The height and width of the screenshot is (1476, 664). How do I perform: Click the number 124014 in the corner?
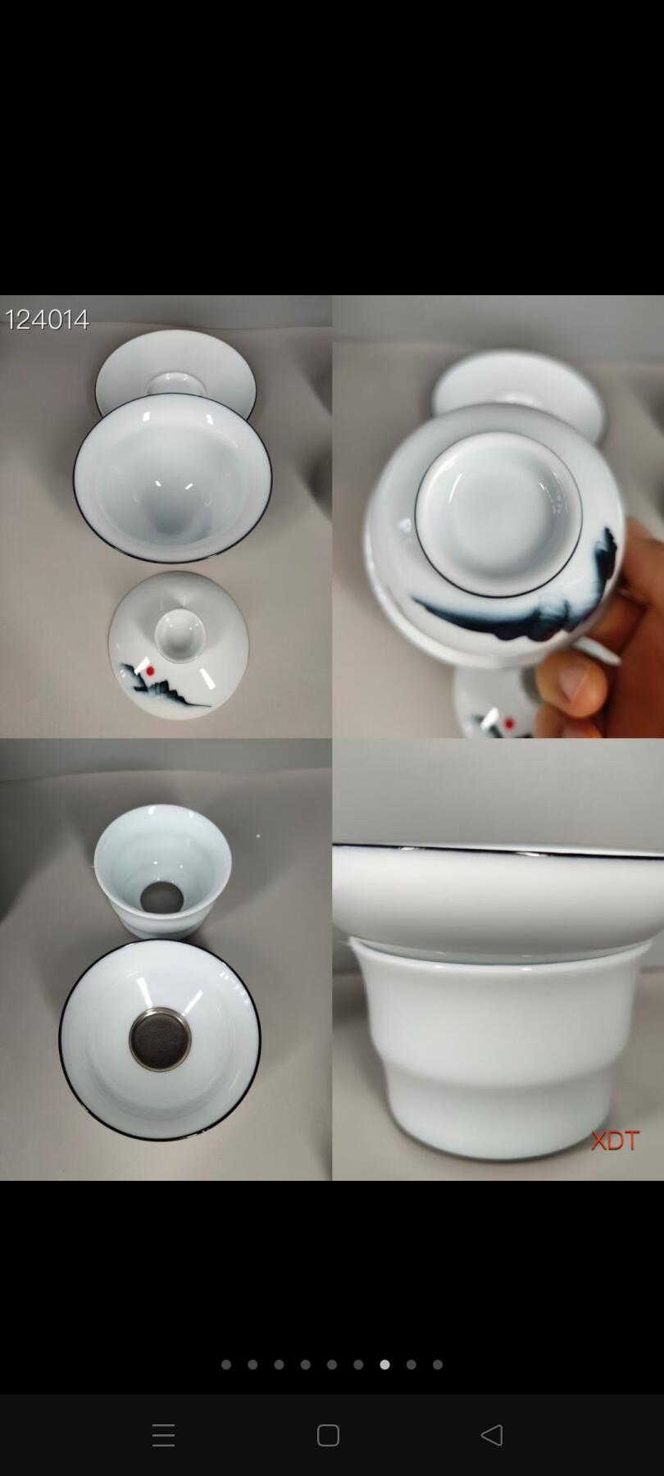click(48, 319)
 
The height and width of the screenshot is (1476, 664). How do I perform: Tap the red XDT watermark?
click(615, 1140)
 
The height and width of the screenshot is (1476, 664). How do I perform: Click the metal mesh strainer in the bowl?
click(160, 1039)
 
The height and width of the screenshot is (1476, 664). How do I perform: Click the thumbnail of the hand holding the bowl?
click(498, 517)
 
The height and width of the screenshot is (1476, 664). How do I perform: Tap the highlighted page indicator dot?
click(384, 1364)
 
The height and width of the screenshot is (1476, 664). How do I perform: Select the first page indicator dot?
click(226, 1364)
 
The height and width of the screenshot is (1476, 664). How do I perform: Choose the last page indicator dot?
click(438, 1364)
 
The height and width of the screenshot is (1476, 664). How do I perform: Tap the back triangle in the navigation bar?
click(492, 1435)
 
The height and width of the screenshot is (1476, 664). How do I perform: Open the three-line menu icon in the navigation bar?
click(164, 1435)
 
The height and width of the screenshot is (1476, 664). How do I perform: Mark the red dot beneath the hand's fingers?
click(508, 723)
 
